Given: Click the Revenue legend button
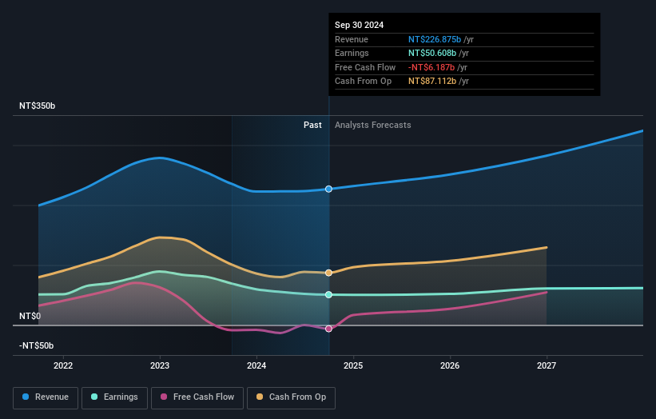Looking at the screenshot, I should [x=46, y=397].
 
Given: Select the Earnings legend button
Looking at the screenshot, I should [x=113, y=397].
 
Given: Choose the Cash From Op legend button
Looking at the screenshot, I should [x=290, y=397].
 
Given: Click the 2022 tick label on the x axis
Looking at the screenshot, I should [x=63, y=365].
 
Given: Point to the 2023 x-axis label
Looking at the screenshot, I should [x=160, y=365].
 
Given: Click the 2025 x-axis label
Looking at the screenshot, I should [x=353, y=365].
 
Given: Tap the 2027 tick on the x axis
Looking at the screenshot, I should [x=547, y=365].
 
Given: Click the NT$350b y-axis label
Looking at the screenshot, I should [x=37, y=106].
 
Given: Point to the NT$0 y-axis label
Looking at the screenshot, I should [x=30, y=316].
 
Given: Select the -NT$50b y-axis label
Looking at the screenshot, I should [x=37, y=345].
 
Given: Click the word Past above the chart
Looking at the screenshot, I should [x=312, y=125].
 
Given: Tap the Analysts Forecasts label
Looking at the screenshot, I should [x=373, y=125].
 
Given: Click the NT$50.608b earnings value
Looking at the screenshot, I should [x=432, y=54].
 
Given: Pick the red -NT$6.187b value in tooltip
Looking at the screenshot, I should [x=432, y=67].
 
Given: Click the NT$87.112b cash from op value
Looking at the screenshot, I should [x=432, y=82].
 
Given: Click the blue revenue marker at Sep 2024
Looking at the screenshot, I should [x=328, y=189].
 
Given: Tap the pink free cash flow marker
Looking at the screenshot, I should [x=328, y=329].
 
